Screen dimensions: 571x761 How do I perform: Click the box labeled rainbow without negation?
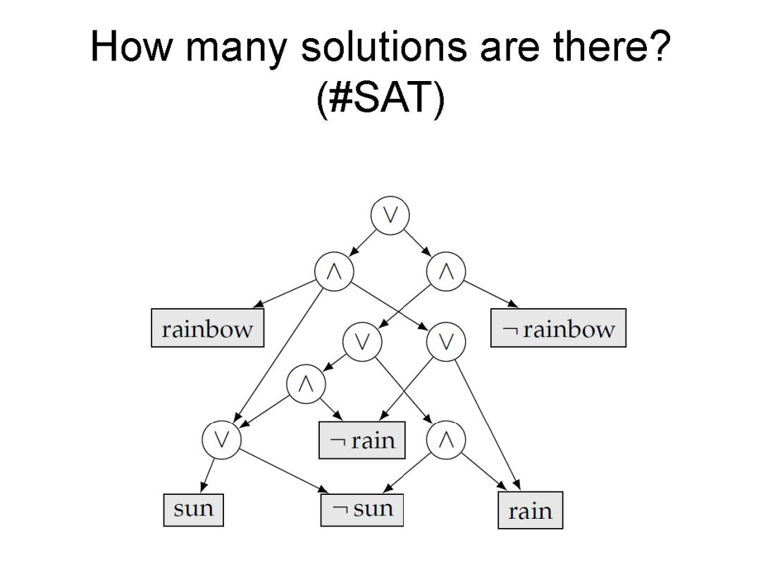tap(207, 329)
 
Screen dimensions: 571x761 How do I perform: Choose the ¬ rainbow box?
tap(558, 329)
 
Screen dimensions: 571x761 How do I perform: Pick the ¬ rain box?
tap(362, 441)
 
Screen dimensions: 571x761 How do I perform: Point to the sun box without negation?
tap(193, 508)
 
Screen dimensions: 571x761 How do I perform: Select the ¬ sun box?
tap(362, 508)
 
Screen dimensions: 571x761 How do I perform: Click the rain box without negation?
tap(531, 510)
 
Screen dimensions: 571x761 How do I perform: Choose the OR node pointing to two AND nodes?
tap(362, 342)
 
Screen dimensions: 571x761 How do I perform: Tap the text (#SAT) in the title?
tap(380, 99)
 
